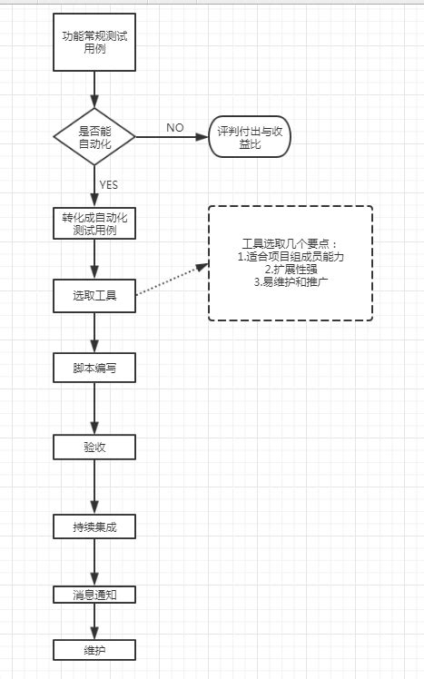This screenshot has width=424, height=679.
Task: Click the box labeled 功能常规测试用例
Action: [x=94, y=42]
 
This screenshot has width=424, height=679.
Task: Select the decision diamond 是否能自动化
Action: [x=94, y=137]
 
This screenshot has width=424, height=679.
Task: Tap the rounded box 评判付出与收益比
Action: [x=251, y=137]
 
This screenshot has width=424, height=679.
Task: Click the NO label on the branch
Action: [x=174, y=127]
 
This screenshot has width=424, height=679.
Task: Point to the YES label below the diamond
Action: [x=108, y=185]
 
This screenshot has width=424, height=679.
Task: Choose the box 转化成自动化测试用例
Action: [x=94, y=224]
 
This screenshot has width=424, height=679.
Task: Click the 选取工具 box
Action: [x=94, y=296]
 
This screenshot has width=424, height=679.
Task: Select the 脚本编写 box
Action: [x=94, y=369]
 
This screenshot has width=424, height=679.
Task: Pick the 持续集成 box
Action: [x=94, y=527]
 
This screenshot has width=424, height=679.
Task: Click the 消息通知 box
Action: [x=94, y=595]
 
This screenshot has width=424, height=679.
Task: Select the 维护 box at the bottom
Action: [x=94, y=650]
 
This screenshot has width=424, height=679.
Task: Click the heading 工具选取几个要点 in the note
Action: [x=290, y=245]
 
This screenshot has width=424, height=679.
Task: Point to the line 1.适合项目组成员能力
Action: [x=290, y=257]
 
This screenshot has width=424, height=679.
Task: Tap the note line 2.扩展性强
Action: [x=290, y=270]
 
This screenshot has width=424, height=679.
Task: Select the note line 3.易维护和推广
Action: [x=290, y=282]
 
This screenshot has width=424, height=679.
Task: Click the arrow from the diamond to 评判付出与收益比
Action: [x=173, y=137]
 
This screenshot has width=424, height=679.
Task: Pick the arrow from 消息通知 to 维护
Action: [x=94, y=623]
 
